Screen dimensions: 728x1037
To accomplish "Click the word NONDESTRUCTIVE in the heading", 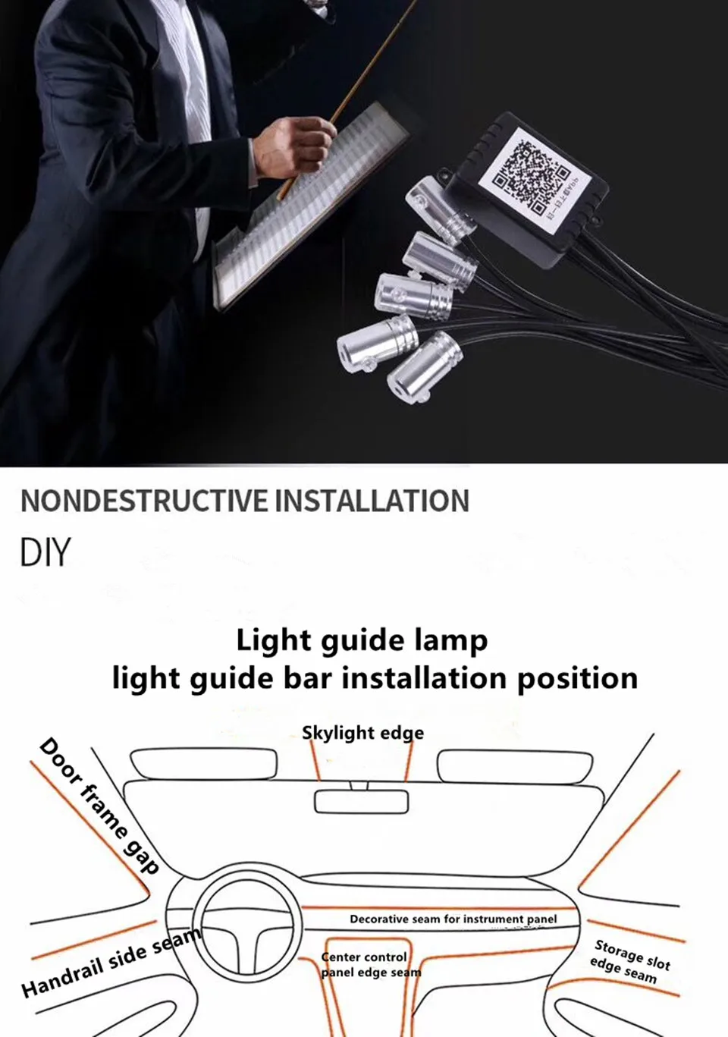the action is (144, 501).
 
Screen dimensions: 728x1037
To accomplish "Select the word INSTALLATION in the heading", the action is (372, 501).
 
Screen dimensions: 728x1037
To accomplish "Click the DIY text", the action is (45, 552).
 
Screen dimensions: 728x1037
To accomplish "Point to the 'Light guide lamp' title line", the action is (362, 641).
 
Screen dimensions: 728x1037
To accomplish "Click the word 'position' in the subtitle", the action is (577, 677).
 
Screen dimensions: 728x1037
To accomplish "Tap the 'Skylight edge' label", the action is (362, 733).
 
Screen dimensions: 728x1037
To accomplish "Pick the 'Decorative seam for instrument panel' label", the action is (453, 919).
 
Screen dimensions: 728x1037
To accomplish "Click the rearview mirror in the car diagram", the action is (361, 802).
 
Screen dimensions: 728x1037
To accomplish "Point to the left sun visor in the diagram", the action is (203, 764).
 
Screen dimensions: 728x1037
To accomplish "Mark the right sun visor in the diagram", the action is (515, 765).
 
